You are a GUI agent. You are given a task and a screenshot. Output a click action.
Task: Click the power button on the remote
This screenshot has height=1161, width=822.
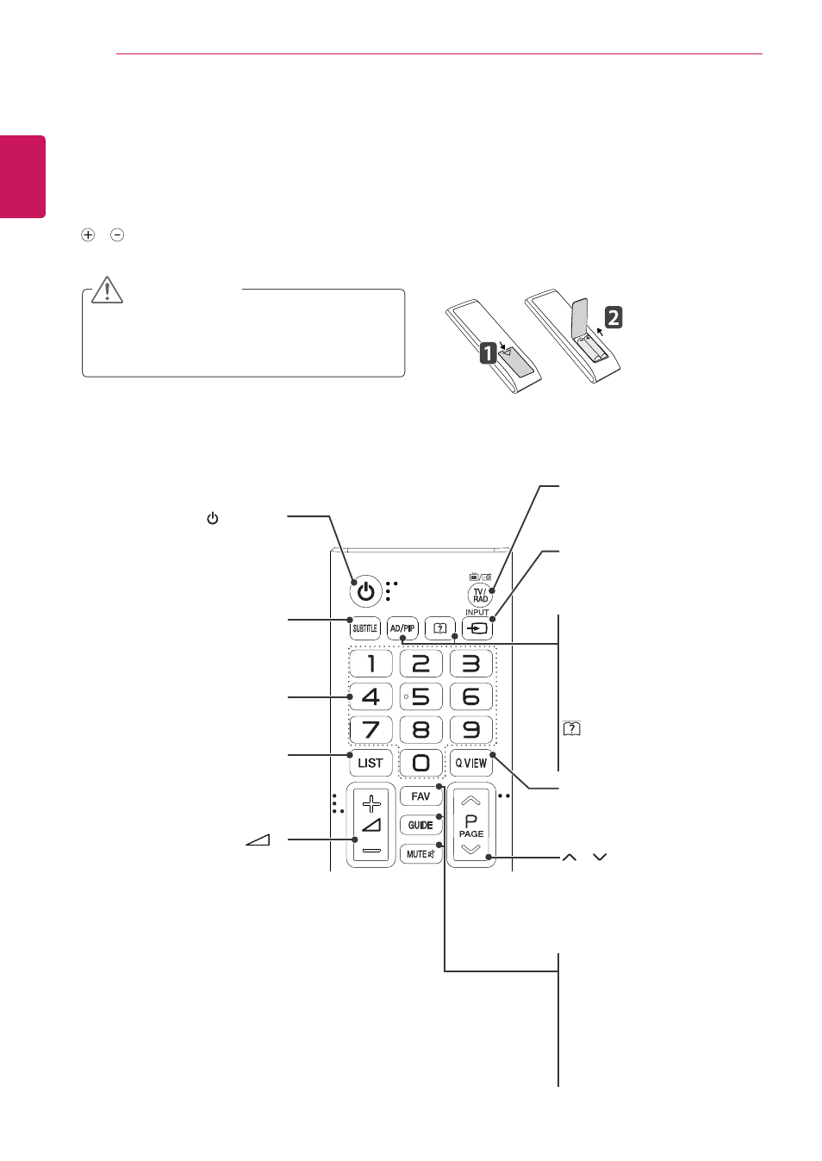pos(366,591)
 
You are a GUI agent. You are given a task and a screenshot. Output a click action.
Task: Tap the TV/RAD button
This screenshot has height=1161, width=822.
pos(480,595)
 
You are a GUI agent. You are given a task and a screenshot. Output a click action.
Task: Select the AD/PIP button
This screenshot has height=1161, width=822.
pos(402,628)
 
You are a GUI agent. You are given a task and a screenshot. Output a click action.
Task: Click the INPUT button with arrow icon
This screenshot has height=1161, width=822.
pos(476,628)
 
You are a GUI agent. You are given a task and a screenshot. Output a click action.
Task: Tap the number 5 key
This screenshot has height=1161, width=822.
pos(420,696)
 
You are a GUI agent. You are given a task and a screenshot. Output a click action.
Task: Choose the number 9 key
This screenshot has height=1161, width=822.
pos(471,729)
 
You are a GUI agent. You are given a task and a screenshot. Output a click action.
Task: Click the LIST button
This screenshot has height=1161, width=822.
pos(371,763)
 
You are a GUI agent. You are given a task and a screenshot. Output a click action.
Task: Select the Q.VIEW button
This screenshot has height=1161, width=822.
pos(471,763)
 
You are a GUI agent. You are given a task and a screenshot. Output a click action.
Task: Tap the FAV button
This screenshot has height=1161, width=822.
pos(420,796)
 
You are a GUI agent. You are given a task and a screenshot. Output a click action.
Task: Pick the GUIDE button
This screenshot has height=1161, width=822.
pos(420,825)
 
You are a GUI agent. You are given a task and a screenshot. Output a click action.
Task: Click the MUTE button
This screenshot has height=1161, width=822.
pos(420,853)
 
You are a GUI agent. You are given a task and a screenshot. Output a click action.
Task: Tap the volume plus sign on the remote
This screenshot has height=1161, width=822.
pos(371,804)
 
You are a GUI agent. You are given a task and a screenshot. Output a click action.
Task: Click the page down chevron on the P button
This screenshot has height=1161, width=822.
pos(470,849)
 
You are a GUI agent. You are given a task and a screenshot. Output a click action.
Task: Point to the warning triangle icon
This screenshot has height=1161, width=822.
pos(107,290)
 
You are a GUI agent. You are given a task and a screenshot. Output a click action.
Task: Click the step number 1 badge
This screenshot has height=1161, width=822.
pos(489,353)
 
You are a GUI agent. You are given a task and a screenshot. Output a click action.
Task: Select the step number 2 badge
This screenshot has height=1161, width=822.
pos(613,317)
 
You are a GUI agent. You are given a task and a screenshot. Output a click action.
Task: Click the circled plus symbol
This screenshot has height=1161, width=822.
pos(88,235)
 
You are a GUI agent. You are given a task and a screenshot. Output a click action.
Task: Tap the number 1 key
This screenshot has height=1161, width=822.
pos(371,663)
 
